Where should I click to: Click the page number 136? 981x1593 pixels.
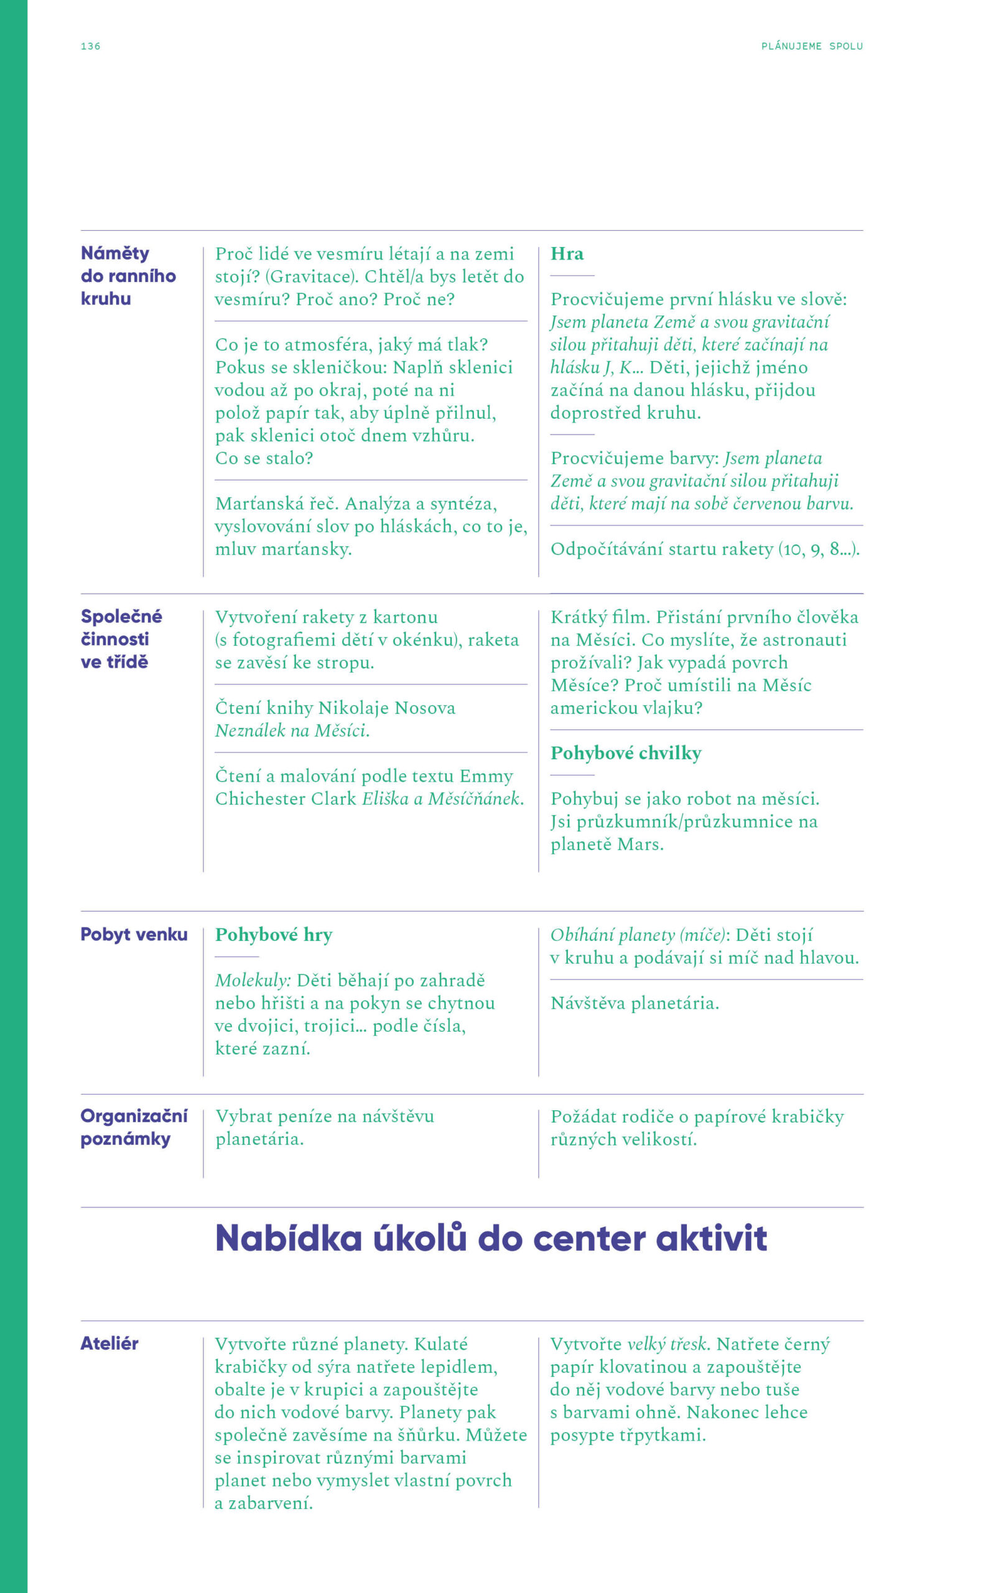(90, 46)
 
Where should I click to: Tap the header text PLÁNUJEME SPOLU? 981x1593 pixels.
(812, 46)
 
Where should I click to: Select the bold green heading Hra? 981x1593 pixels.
(567, 254)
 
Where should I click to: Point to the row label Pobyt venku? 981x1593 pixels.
(134, 935)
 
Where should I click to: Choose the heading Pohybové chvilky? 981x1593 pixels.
(625, 754)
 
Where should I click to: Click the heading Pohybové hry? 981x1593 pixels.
(273, 935)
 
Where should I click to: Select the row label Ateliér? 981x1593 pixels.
(109, 1343)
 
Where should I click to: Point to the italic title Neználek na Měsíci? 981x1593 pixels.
(292, 731)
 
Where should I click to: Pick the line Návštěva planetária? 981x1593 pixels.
(635, 1003)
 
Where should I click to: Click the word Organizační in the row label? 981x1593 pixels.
(134, 1116)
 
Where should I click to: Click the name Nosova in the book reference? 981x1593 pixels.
(424, 708)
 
